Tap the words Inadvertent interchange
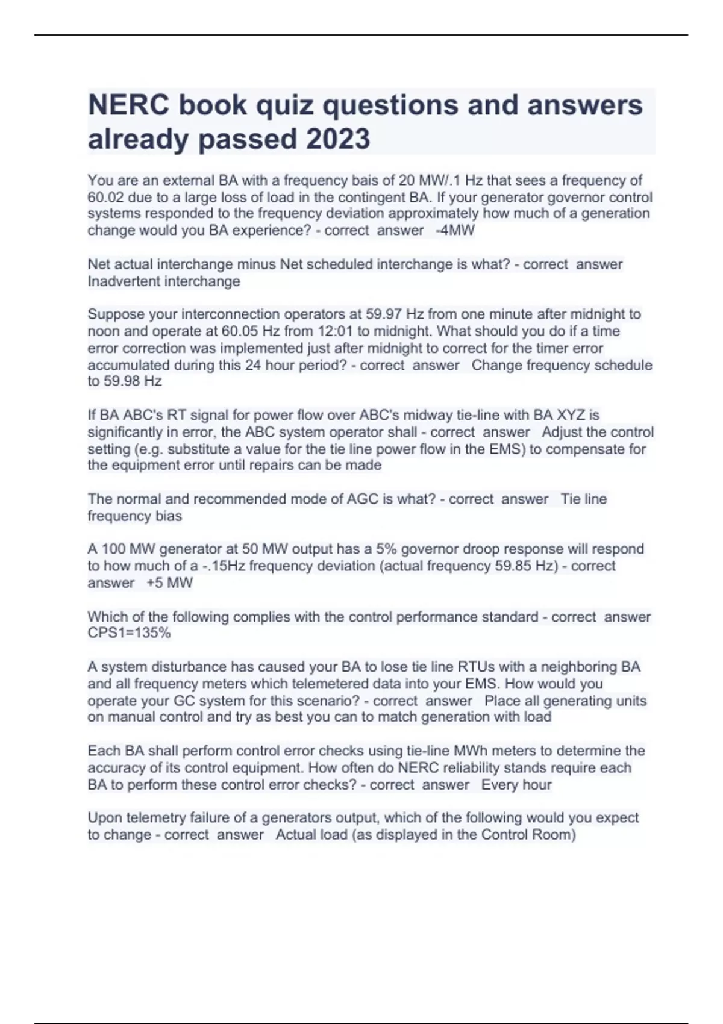pos(164,281)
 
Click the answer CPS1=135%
pos(129,633)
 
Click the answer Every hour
pos(516,785)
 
